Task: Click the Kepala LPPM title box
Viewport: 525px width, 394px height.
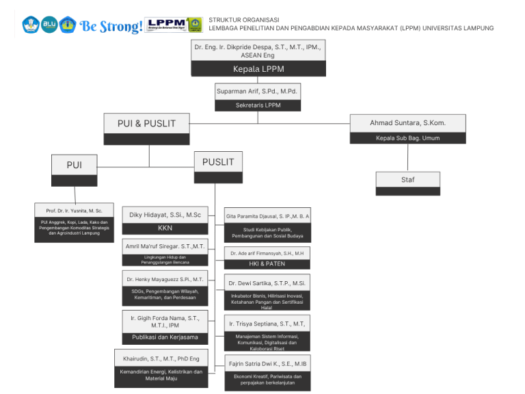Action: coord(258,69)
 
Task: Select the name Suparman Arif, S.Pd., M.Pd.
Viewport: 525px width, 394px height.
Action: coord(258,91)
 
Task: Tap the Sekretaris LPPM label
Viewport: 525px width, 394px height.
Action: coord(258,105)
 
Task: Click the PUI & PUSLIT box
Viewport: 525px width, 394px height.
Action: coord(146,124)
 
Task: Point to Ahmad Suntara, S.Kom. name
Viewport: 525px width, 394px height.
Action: coord(407,123)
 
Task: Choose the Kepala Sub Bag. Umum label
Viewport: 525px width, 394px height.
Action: coord(407,138)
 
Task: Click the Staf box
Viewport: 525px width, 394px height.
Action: coord(407,180)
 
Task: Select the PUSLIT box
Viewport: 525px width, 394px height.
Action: coord(218,162)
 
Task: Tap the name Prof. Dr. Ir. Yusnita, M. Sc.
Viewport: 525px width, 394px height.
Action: coord(74,211)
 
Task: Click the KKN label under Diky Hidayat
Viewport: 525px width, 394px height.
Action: coord(165,228)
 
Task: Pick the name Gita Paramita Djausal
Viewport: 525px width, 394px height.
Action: coord(267,216)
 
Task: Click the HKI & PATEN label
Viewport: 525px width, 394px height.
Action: coord(267,263)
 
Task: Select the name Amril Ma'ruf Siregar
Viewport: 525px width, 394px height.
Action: coord(165,246)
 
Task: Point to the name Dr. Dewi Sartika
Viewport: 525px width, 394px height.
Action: coord(267,283)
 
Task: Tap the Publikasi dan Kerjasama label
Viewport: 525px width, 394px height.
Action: coord(165,337)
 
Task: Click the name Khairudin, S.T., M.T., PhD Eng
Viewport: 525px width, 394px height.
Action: coord(161,358)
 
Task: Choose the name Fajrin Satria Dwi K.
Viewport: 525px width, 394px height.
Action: coord(267,363)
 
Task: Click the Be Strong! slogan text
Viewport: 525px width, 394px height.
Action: coord(111,26)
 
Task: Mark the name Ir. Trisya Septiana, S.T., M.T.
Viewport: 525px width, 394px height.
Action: coord(267,324)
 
